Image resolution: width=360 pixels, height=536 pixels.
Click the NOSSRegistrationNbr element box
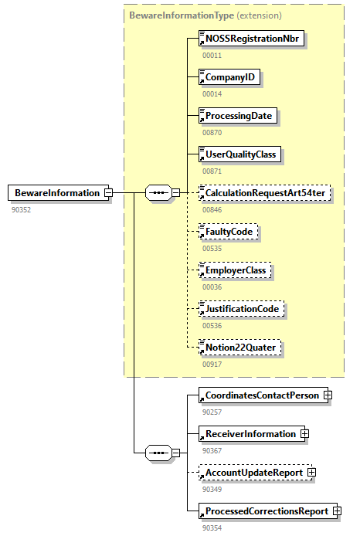click(250, 39)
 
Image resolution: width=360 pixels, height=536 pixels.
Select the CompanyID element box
click(229, 77)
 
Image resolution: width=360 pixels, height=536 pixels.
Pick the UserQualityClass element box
click(239, 154)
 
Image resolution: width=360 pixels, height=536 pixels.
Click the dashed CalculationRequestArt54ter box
click(265, 192)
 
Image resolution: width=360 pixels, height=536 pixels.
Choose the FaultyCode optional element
click(228, 231)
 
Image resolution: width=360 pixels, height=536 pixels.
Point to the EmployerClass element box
click(236, 270)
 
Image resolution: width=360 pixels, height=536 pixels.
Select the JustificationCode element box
click(241, 309)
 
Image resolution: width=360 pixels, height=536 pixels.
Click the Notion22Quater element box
click(239, 348)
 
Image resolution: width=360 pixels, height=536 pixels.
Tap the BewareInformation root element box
click(56, 193)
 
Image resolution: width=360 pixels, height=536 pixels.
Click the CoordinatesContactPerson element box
click(260, 395)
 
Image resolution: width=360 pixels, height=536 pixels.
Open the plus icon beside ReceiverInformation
click(304, 434)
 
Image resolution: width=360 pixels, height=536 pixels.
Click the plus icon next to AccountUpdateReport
click(311, 473)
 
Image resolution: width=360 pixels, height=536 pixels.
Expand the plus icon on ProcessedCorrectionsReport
click(337, 511)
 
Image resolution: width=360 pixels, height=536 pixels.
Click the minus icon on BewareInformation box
click(109, 193)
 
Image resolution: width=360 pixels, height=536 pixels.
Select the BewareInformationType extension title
click(205, 15)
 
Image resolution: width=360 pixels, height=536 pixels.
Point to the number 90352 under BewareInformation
click(22, 209)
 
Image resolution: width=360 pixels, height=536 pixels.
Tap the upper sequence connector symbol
click(158, 193)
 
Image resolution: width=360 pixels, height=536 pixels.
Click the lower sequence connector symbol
click(158, 453)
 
